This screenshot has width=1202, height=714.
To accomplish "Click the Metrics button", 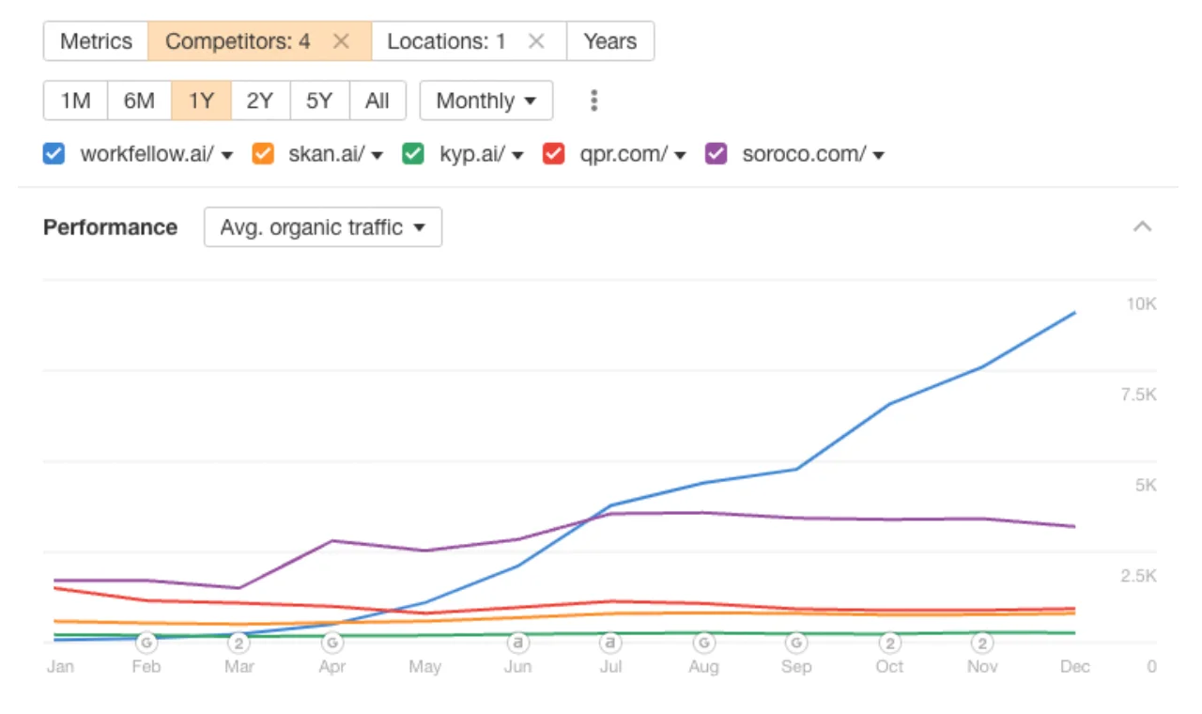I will point(96,41).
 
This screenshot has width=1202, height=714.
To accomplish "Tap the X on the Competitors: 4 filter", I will point(341,41).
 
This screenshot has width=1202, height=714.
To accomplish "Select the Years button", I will point(609,41).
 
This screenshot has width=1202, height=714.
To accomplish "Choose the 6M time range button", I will point(139,101).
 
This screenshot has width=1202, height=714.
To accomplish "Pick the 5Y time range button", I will point(319,101).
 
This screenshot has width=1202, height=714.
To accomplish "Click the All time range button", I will point(378,101).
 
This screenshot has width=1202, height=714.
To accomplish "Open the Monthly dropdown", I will point(485,101).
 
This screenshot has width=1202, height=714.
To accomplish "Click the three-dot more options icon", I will point(593,101).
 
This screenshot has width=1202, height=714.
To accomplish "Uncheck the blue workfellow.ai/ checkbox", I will point(54,154).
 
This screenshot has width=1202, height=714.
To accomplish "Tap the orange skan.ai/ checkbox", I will point(264,154).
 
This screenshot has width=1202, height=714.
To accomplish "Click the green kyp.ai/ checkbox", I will point(413,154).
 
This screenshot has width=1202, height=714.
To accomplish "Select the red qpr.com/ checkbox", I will point(553,154).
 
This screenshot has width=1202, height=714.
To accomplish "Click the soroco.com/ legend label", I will point(804,154).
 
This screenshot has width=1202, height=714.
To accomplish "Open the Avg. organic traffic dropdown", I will point(322,227).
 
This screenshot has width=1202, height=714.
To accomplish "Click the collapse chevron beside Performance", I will point(1142,226).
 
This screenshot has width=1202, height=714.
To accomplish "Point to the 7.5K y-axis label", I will point(1138,395).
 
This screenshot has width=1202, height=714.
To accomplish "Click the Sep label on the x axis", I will point(796,667).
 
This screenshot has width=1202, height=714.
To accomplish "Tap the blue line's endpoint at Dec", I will point(1075,313).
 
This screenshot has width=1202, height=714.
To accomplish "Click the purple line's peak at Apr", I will point(332,540).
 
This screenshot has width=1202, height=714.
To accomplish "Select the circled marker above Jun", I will point(517,644).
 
